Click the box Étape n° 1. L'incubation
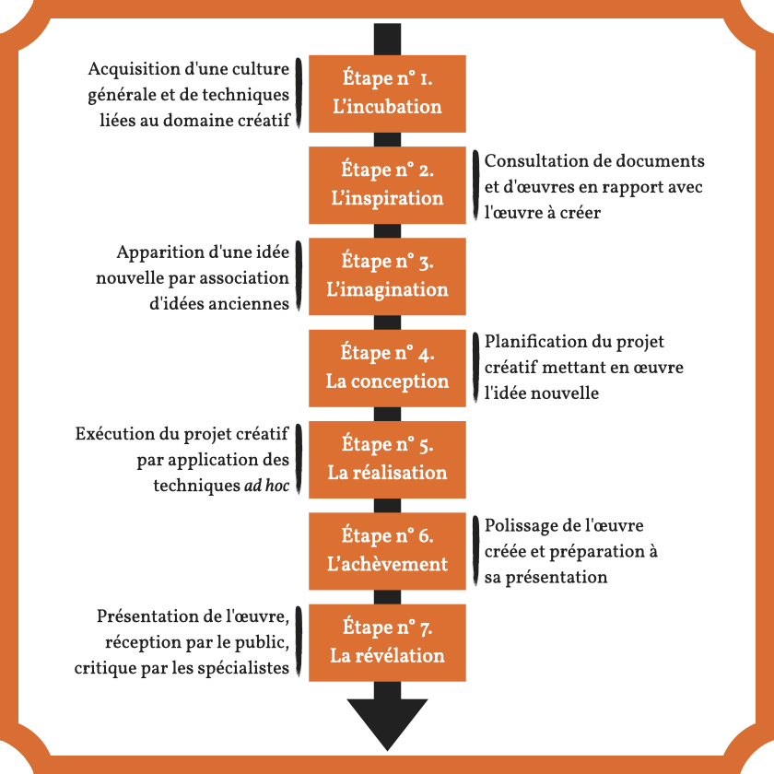(387, 93)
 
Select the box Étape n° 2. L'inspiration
(387, 184)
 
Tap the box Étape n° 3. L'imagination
(387, 276)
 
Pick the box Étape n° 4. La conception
(387, 367)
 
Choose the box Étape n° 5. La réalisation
(387, 458)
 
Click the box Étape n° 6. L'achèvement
(387, 549)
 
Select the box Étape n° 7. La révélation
(387, 641)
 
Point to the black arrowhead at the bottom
(387, 722)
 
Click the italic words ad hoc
(267, 484)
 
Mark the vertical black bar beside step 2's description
(475, 185)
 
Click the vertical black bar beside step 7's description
(299, 641)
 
